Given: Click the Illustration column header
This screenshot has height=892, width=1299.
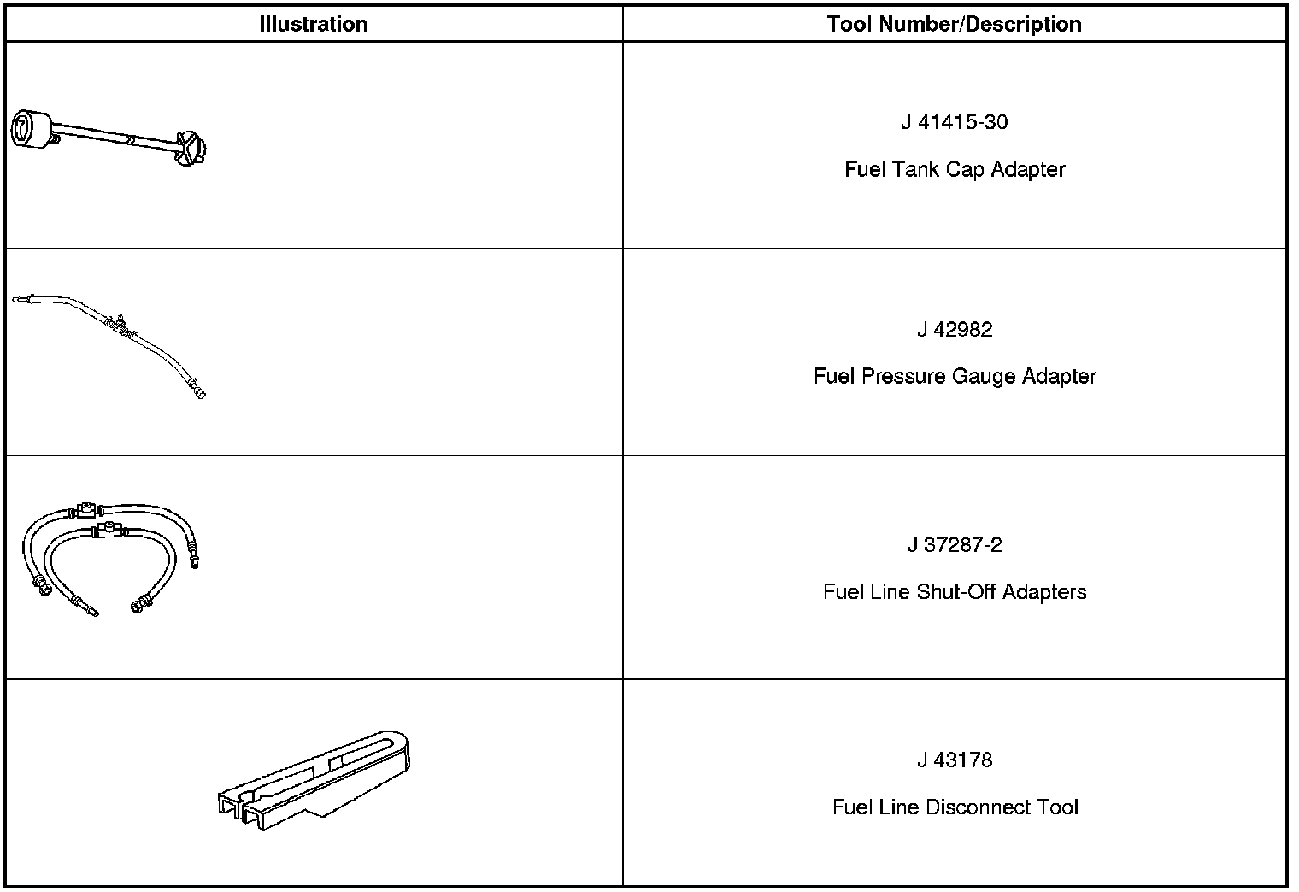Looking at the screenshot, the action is [x=313, y=24].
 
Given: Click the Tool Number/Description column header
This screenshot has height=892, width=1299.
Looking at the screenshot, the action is [x=954, y=24].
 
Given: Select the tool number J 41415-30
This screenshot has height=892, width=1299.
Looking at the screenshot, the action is [x=954, y=122].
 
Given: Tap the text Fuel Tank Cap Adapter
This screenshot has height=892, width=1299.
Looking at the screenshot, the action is [x=954, y=169].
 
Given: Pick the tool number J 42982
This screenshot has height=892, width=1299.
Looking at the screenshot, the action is [x=954, y=330].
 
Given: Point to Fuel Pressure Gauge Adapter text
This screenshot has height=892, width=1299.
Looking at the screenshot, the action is [x=954, y=376].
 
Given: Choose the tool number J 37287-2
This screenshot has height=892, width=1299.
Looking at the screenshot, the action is [x=954, y=545].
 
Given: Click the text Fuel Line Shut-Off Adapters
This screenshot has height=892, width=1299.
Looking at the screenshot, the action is [x=954, y=592].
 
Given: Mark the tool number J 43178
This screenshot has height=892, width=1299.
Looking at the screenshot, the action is [x=954, y=760].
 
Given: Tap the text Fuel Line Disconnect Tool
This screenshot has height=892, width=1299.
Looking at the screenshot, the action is [x=954, y=807].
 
